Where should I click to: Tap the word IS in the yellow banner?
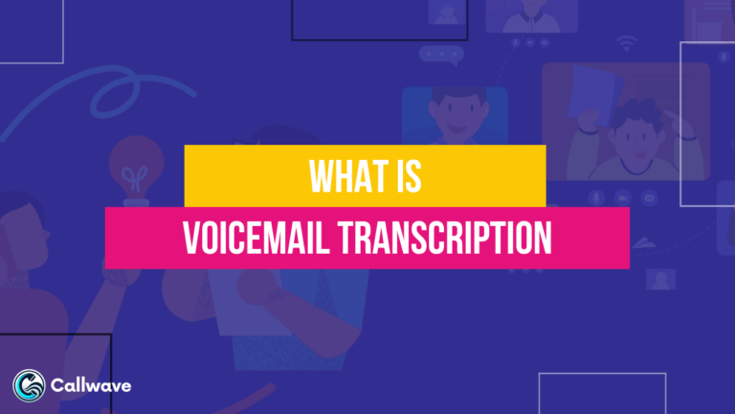click(413, 177)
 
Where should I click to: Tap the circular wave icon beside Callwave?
click(30, 385)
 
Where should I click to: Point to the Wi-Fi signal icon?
click(628, 43)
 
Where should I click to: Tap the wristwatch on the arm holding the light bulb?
click(114, 277)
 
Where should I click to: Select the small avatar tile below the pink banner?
click(660, 278)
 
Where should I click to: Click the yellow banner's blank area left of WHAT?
click(239, 177)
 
